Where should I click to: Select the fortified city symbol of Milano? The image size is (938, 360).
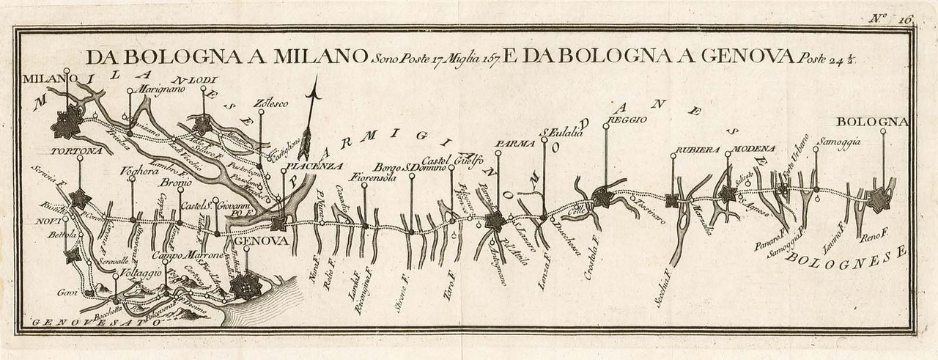click(68, 122)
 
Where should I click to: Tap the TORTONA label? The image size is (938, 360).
click(76, 151)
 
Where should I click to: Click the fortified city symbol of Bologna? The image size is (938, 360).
click(876, 199)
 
